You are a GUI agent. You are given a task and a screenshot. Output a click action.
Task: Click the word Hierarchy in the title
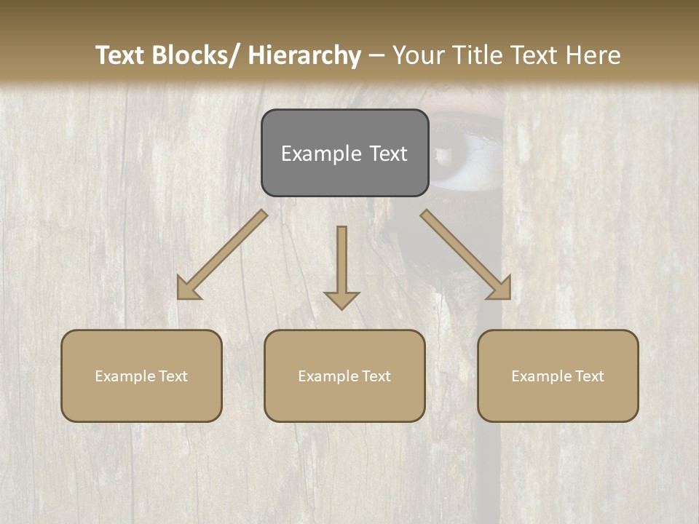(x=304, y=55)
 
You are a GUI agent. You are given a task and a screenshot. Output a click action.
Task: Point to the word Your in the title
(x=418, y=55)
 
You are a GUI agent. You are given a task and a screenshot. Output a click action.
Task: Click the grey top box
(x=344, y=153)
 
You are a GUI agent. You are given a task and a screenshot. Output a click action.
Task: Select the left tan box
(x=141, y=376)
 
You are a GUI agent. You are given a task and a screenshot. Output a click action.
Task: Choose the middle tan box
(x=344, y=376)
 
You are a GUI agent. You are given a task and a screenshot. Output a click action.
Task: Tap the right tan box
(x=558, y=376)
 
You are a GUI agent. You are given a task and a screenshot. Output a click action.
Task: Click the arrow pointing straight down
(x=341, y=262)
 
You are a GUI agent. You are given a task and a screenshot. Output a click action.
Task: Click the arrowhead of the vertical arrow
(x=341, y=299)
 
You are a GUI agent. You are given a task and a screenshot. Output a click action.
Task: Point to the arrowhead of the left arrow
(x=188, y=289)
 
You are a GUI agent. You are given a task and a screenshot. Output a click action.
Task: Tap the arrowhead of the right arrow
(x=500, y=289)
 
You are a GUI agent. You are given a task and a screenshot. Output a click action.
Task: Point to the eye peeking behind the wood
(x=466, y=156)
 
